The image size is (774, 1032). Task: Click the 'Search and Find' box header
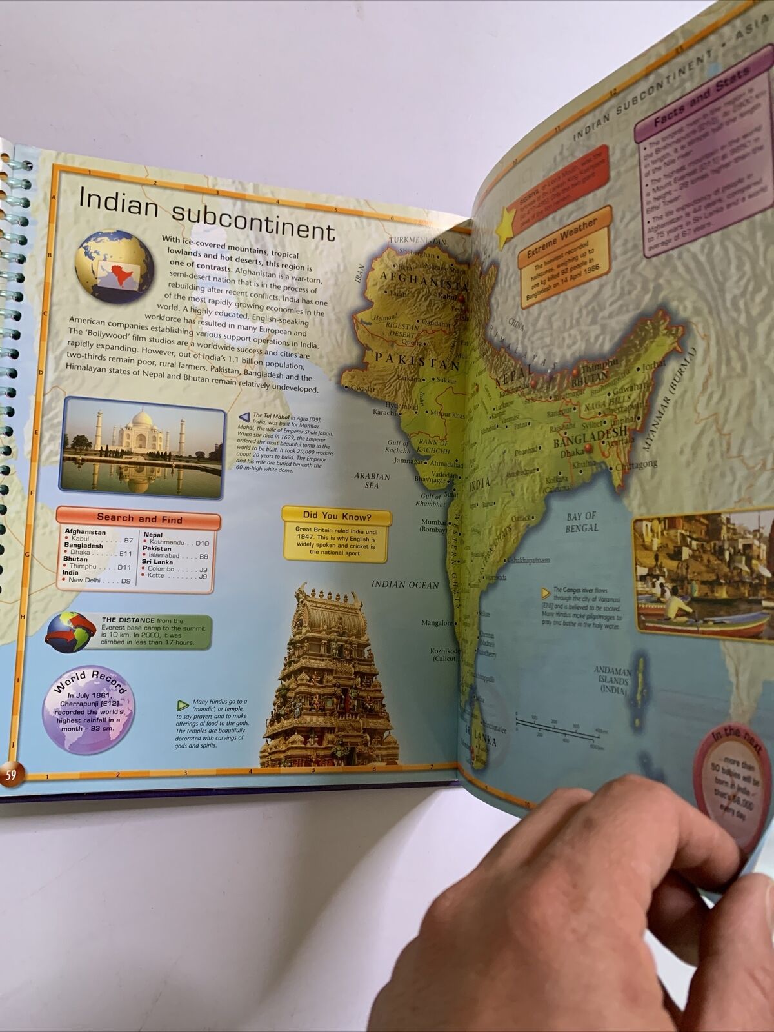click(x=139, y=518)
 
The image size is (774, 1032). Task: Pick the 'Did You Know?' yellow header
click(x=336, y=516)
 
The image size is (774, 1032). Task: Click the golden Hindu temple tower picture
click(x=329, y=677)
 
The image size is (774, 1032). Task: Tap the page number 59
click(x=11, y=775)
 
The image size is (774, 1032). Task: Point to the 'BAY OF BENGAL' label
click(x=582, y=521)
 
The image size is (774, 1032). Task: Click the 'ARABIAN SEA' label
click(x=372, y=481)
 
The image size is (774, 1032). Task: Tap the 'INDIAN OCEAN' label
click(x=404, y=584)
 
